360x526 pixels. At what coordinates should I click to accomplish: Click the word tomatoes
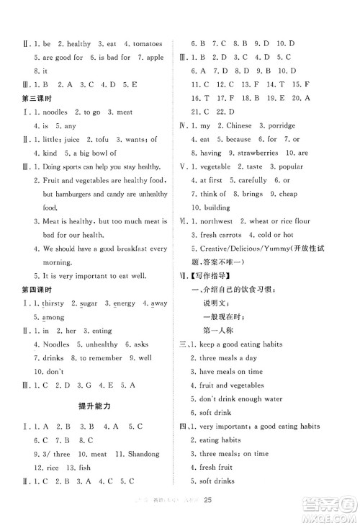(x=145, y=44)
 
